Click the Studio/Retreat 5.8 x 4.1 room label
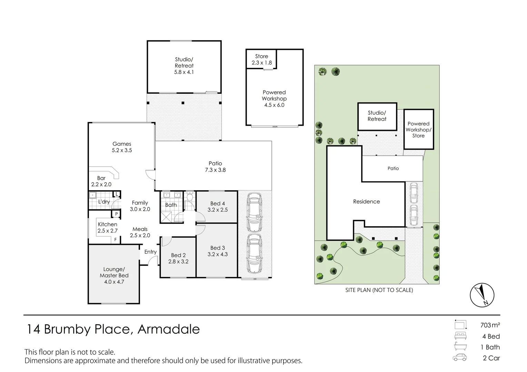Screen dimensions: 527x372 coord(184,66)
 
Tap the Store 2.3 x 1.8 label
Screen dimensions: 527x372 coord(262,60)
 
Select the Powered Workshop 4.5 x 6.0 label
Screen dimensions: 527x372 coord(274,99)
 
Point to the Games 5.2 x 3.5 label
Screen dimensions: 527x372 coord(122,147)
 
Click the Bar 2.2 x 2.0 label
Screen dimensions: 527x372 coord(101,181)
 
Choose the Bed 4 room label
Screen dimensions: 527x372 coord(218,204)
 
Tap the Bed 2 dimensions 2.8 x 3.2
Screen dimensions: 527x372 coord(178,261)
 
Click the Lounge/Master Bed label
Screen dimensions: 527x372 coord(114,272)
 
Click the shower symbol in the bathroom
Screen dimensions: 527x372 coord(166,217)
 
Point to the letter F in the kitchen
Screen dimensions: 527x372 coord(116,240)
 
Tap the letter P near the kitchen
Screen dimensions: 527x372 coord(116,214)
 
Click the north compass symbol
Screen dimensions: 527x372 coord(482,295)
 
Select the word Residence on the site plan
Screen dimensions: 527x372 coord(366,201)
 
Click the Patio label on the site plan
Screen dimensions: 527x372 coord(393,168)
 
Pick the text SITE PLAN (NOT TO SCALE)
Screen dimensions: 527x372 coord(379,290)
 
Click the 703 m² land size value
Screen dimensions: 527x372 coord(490,325)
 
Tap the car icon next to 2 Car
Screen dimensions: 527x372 coord(460,358)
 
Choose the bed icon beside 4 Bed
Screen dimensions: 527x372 coord(460,336)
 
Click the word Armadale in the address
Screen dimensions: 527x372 coord(169,329)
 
